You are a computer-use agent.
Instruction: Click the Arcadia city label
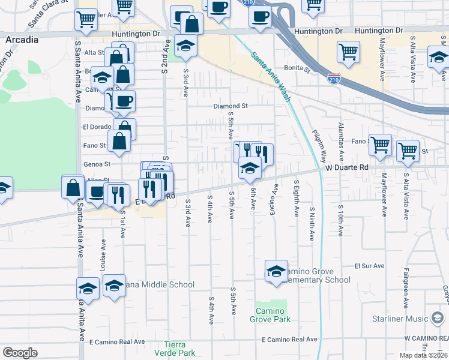(22, 40)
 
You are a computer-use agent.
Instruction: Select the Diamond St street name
(231, 106)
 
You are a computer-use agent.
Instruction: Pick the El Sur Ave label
(369, 265)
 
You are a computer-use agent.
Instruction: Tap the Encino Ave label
(274, 197)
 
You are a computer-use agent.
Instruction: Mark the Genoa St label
(99, 164)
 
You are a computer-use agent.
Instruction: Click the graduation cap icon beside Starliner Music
(438, 317)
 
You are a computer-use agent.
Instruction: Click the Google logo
(20, 353)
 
